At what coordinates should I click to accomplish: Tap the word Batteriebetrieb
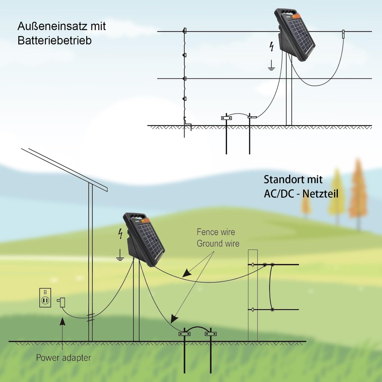(x=54, y=41)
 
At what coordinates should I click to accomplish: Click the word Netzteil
(x=320, y=194)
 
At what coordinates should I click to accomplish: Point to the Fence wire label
(x=216, y=232)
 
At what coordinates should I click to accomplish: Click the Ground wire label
(x=218, y=243)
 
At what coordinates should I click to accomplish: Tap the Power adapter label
(x=63, y=358)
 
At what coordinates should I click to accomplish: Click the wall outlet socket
(x=45, y=298)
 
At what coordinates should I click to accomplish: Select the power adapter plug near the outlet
(x=62, y=302)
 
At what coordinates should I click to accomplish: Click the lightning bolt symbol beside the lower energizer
(x=121, y=233)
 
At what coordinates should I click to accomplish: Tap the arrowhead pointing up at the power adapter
(x=62, y=321)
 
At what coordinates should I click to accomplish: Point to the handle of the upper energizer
(x=287, y=12)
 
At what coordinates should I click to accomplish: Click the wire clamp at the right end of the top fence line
(x=343, y=34)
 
